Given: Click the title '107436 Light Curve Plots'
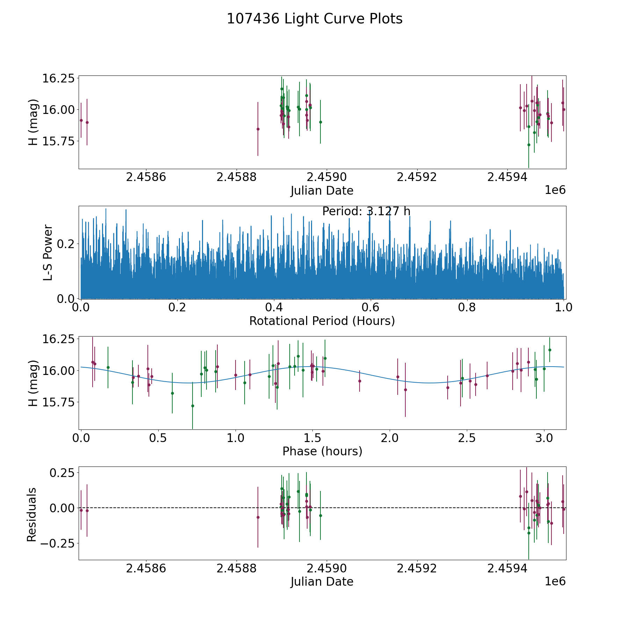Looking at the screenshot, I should click(314, 19).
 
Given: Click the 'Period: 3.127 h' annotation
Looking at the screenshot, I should click(366, 211).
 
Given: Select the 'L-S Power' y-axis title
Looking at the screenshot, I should click(48, 253).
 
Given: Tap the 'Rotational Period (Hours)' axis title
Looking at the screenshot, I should click(322, 321).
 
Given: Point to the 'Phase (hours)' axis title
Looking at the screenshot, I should click(322, 451).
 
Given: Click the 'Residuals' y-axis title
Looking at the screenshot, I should click(32, 514).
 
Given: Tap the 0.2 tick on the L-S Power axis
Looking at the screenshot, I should click(66, 244).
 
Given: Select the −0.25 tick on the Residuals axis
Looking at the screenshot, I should click(57, 543).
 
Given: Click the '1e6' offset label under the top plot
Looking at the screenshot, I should click(555, 190).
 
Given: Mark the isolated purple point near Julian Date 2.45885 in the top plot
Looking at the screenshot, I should click(258, 129).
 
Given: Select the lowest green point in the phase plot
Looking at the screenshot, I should click(193, 406).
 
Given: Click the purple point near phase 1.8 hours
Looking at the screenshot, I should click(360, 381).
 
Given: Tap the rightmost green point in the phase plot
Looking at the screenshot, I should click(550, 350).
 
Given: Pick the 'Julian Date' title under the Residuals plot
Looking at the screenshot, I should click(322, 582).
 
